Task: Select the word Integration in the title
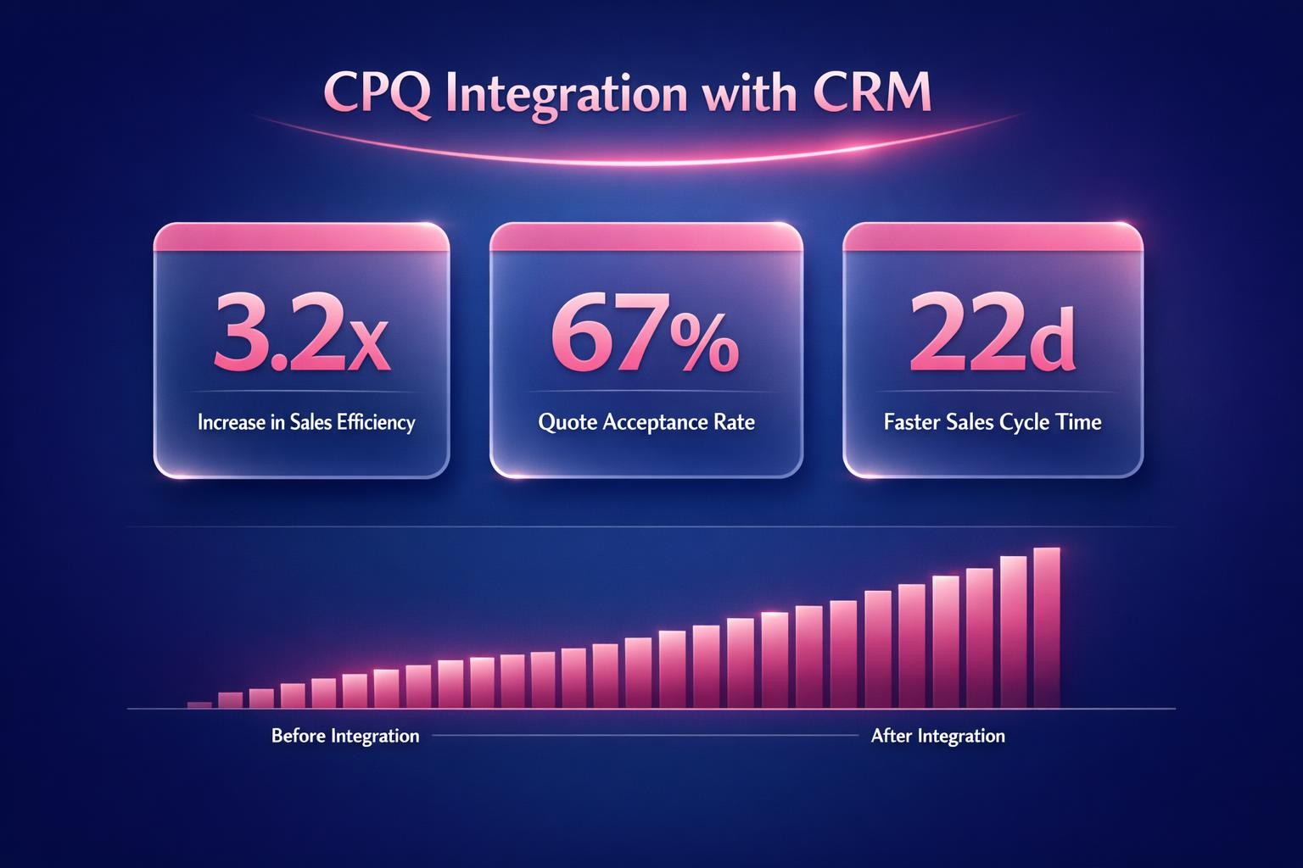pos(566,94)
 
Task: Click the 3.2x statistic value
pos(301,334)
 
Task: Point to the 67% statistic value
pos(646,334)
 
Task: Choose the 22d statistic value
pos(992,334)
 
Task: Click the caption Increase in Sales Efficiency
pos(306,421)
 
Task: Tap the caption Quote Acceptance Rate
pos(646,421)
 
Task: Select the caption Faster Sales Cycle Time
pos(993,421)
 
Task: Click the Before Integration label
pos(345,735)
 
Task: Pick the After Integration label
pos(938,735)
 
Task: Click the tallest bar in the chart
pos(1048,627)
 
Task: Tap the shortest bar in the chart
pos(199,704)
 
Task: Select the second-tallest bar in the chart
pos(1014,632)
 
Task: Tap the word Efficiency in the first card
pos(376,421)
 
